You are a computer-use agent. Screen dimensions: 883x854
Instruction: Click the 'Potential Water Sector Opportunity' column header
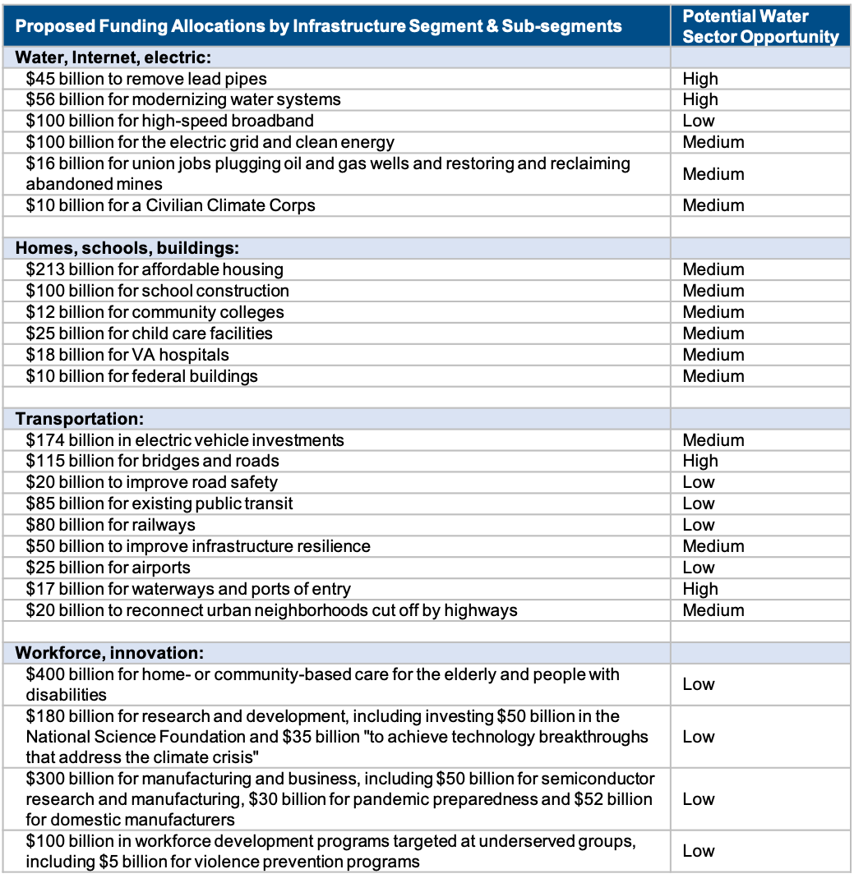[x=760, y=26]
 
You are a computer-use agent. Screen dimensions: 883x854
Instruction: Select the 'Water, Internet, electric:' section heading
[x=115, y=57]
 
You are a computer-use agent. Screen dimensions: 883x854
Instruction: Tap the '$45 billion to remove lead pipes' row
[x=146, y=79]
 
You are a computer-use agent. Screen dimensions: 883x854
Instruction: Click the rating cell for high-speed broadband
[x=699, y=121]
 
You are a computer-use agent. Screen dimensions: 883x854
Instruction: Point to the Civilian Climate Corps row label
[x=170, y=205]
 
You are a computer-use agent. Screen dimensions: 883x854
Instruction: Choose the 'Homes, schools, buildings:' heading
[x=127, y=248]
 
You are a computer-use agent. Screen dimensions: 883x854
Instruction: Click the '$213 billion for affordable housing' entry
[x=155, y=269]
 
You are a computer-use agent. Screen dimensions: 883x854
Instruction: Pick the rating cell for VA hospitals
[x=713, y=355]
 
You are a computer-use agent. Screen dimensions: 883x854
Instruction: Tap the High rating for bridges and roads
[x=699, y=462]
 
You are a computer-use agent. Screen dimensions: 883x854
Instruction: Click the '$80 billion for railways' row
[x=110, y=525]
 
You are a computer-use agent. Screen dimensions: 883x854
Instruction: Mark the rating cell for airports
[x=699, y=568]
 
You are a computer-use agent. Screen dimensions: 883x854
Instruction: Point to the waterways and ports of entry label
[x=188, y=589]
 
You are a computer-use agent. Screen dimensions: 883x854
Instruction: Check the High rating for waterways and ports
[x=699, y=589]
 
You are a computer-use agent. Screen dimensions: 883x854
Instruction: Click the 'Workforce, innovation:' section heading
[x=109, y=653]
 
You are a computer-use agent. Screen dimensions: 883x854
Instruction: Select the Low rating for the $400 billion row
[x=699, y=684]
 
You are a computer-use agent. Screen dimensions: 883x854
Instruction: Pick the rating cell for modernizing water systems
[x=699, y=99]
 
